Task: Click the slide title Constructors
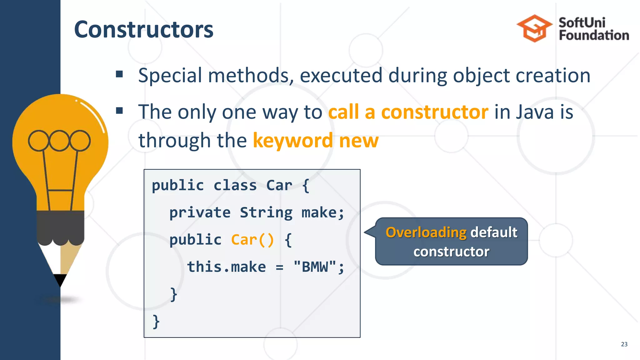click(x=143, y=29)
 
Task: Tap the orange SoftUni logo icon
click(x=534, y=28)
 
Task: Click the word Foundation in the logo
click(x=594, y=35)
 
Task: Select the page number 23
click(x=624, y=344)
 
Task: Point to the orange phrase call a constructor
click(x=408, y=112)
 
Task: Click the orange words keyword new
click(x=316, y=140)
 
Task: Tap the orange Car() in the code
click(x=252, y=240)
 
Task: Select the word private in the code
click(x=200, y=213)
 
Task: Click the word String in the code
click(x=266, y=213)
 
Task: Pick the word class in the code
click(x=235, y=186)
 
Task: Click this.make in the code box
click(x=227, y=267)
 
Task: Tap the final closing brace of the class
click(x=156, y=322)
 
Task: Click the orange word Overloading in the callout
click(x=426, y=232)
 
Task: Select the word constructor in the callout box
click(x=451, y=252)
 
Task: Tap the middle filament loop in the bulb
click(x=59, y=141)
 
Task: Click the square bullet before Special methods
click(x=119, y=74)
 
